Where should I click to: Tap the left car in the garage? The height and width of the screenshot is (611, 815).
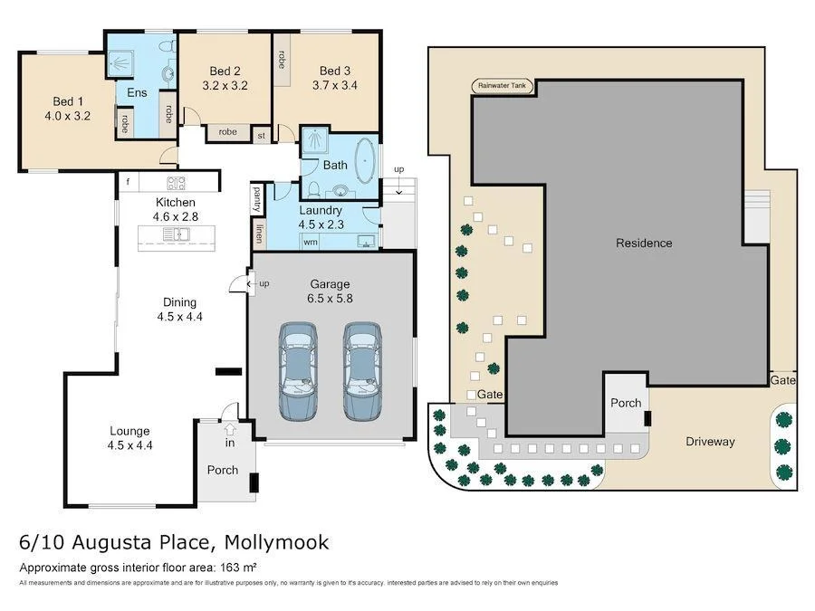299,371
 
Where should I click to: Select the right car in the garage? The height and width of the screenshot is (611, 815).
360,371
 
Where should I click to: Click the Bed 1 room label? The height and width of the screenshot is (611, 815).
67,100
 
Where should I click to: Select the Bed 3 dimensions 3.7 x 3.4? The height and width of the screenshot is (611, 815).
334,86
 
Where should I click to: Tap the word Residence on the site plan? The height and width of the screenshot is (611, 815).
644,243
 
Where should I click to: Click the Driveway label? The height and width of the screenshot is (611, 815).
709,442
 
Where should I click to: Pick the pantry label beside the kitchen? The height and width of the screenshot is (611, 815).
258,197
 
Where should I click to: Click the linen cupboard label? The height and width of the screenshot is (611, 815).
259,234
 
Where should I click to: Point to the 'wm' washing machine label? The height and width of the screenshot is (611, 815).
311,242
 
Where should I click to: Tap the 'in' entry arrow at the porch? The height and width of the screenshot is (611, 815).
230,443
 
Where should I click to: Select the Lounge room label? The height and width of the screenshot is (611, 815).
129,431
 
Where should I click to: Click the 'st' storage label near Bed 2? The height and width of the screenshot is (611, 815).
262,136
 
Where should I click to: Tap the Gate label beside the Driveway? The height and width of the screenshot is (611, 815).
783,381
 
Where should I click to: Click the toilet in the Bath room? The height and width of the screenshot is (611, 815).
312,188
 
